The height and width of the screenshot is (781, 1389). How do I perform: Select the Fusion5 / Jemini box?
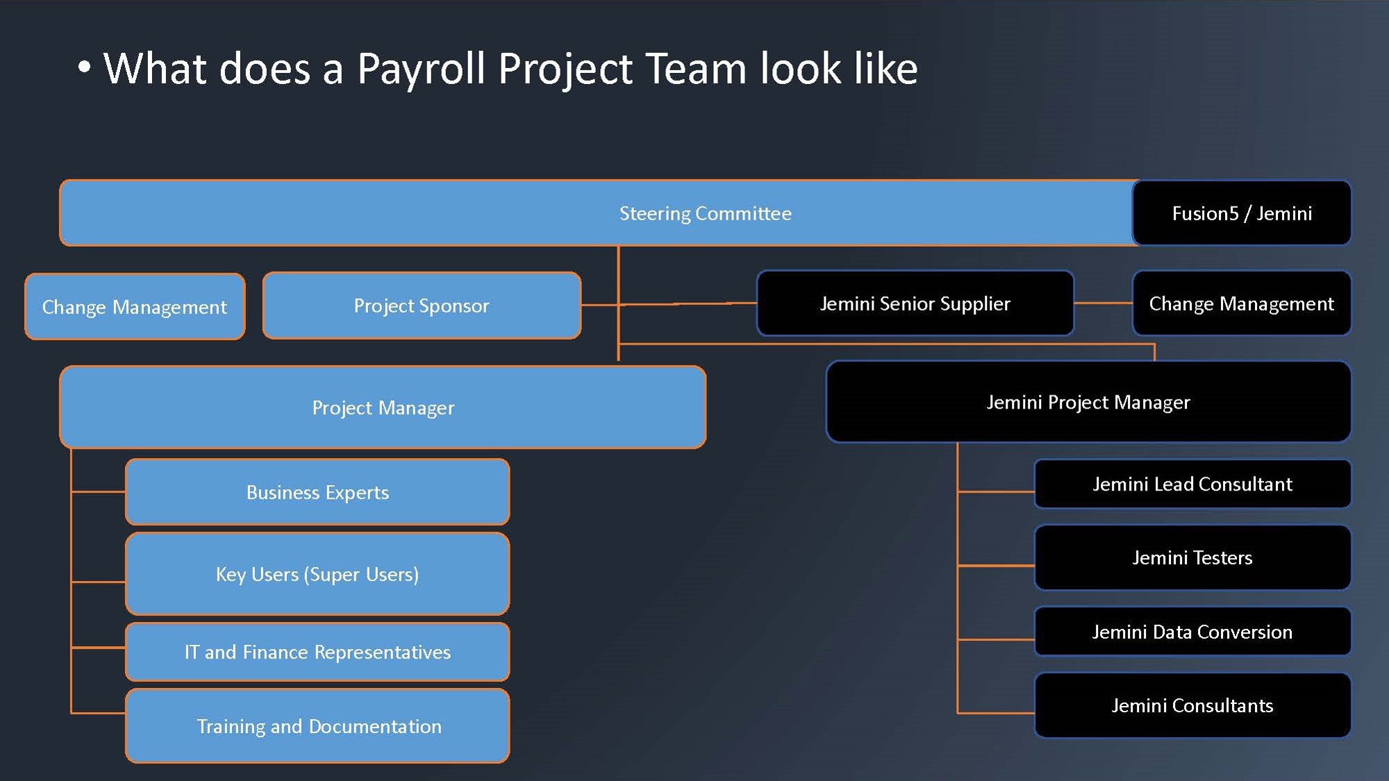point(1242,213)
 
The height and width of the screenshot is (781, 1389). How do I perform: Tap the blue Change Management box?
point(135,306)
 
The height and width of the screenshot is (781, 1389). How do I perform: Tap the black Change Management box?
point(1242,304)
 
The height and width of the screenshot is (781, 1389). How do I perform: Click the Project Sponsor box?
point(422,306)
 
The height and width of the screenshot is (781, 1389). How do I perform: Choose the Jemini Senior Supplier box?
point(915,304)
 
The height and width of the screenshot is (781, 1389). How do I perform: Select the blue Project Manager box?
point(383,407)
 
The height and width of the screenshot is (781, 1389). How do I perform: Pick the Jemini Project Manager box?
point(1088,402)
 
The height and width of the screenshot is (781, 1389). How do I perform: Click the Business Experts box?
point(317,492)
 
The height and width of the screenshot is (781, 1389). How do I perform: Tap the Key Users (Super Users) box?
point(317,574)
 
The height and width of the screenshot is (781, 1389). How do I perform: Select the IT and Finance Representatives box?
point(317,652)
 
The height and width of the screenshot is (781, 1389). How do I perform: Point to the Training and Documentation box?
point(317,726)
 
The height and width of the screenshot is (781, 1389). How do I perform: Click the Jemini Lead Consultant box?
point(1192,484)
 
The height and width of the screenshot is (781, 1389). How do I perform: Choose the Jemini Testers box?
point(1192,557)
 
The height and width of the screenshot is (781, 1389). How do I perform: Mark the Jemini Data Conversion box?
point(1192,632)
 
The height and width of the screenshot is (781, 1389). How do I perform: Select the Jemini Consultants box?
point(1192,705)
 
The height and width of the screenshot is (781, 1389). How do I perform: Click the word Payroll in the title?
point(421,69)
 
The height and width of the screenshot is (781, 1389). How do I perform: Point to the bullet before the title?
point(84,67)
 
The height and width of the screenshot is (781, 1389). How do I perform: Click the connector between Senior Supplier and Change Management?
point(1103,303)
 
